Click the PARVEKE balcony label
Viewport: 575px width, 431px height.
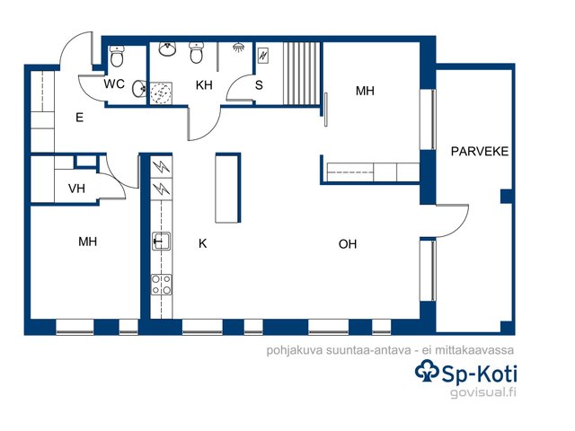pos(479,152)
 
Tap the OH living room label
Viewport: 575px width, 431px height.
pos(348,244)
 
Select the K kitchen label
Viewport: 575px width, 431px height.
pos(202,243)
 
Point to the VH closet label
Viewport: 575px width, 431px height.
pos(76,189)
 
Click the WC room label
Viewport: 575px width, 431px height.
pos(114,84)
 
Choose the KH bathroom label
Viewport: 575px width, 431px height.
pos(204,85)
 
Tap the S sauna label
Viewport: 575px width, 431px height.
pos(259,85)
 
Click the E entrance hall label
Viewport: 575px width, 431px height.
pos(79,118)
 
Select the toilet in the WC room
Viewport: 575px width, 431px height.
pos(117,56)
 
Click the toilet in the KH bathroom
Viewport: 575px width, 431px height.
pos(196,52)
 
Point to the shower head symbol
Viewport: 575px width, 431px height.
pos(238,48)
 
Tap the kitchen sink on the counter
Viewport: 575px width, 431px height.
pos(161,241)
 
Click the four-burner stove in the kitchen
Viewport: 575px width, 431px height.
pos(162,285)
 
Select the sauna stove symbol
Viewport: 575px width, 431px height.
pos(263,56)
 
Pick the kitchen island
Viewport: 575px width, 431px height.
pos(227,188)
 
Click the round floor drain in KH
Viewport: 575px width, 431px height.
pos(161,93)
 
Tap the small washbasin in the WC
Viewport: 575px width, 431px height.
pos(139,88)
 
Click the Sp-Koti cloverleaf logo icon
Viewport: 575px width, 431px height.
pos(427,371)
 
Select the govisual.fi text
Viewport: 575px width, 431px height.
pos(483,392)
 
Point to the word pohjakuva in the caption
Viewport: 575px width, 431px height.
pos(295,350)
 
